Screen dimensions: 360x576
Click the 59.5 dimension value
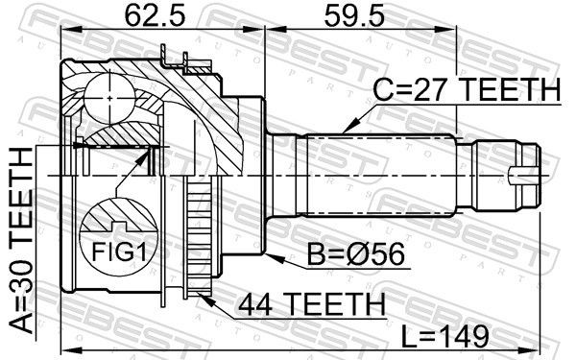click(348, 15)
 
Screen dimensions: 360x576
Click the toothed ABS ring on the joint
click(199, 240)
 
